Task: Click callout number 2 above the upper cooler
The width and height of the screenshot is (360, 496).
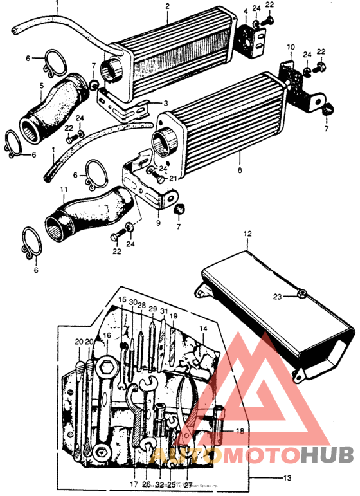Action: click(x=168, y=6)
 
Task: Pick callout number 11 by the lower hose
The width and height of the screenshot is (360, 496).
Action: click(x=63, y=190)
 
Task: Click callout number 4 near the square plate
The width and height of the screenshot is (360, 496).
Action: click(x=245, y=11)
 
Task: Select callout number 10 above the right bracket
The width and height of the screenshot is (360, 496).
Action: click(x=291, y=47)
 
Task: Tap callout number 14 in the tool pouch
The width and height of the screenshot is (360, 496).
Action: click(x=203, y=328)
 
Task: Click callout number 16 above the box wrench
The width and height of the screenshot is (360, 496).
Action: click(x=107, y=335)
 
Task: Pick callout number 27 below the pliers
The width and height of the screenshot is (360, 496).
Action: click(x=188, y=484)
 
